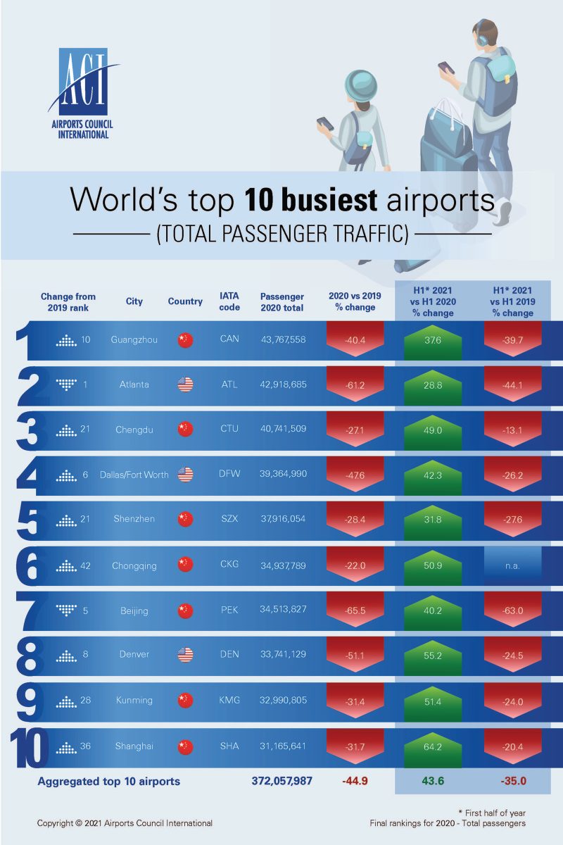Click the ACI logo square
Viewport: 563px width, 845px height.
point(84,83)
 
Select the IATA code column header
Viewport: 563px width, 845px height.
point(229,301)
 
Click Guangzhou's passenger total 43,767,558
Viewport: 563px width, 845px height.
point(283,339)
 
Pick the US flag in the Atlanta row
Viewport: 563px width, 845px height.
point(185,384)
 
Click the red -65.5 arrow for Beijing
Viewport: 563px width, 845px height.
point(355,610)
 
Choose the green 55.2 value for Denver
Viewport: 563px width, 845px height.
point(433,655)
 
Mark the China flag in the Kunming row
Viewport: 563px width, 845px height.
point(185,700)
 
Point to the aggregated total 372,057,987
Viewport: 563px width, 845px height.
point(281,781)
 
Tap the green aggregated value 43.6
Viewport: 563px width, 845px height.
point(433,781)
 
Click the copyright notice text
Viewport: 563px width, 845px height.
point(125,822)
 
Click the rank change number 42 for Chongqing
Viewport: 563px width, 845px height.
point(86,564)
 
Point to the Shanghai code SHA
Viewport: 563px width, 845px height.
point(229,745)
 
